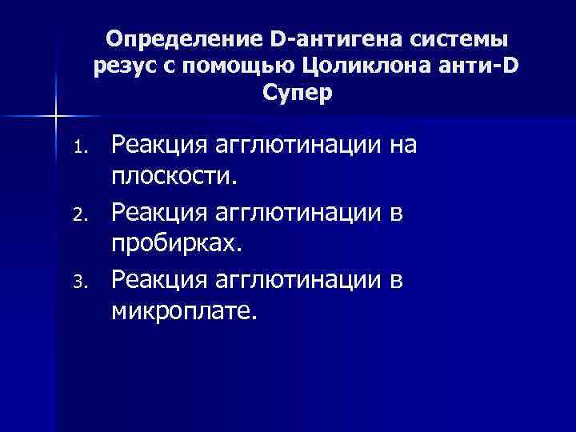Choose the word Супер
coord(295,93)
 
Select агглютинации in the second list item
coord(294,214)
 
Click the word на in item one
coord(405,146)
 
